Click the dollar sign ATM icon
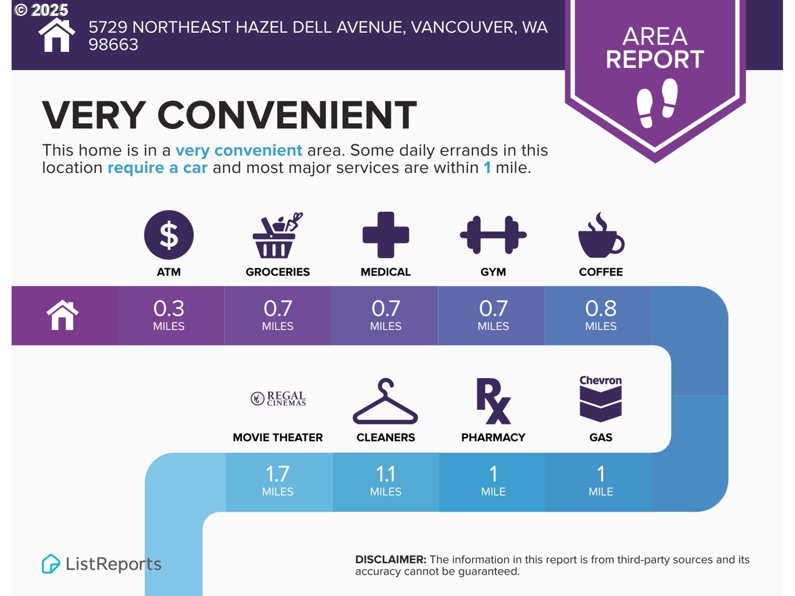coord(169,235)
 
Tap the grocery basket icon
coord(277,235)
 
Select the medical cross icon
coord(385,235)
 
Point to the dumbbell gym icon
coord(493,235)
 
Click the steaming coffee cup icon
coord(601,235)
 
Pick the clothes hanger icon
coord(385,401)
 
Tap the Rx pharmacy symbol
coord(493,401)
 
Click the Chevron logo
coord(600,399)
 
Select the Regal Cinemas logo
coord(278,399)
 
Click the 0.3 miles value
coord(169,315)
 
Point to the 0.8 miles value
coord(601,315)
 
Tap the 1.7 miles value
coord(277,481)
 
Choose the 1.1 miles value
coord(385,481)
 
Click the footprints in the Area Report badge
coord(657,103)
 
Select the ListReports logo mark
coord(51,564)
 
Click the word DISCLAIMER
coord(390,560)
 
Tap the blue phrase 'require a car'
coord(157,168)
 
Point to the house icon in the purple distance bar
coord(63,315)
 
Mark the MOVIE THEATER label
coord(277,437)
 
